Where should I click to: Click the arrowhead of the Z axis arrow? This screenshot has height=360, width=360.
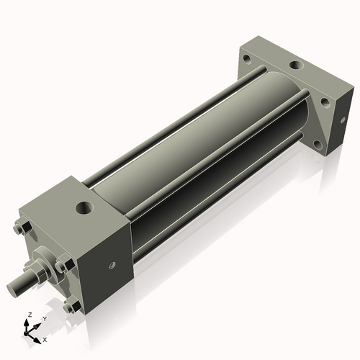pos(27,323)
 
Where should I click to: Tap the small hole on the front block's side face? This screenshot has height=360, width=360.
pos(112,266)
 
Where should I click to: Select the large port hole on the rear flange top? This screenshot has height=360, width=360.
pos(296,66)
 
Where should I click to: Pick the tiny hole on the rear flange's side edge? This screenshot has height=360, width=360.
pos(326,103)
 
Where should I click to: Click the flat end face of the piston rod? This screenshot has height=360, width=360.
pos(14,289)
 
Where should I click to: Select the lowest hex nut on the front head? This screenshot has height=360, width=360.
pos(72,307)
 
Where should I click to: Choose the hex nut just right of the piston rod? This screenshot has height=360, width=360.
pos(63,266)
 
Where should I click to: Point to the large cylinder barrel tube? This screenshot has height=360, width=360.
pos(202,144)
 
